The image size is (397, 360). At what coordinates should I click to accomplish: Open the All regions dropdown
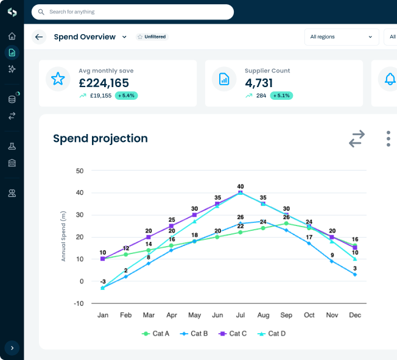(341, 37)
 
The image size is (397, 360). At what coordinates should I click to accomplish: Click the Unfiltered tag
(152, 37)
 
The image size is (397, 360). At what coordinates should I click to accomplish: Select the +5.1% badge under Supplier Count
(281, 96)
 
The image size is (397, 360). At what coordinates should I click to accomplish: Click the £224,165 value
(104, 83)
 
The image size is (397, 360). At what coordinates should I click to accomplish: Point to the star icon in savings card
(58, 79)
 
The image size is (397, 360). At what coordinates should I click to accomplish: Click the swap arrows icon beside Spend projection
(357, 138)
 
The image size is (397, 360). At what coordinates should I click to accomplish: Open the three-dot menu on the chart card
(388, 138)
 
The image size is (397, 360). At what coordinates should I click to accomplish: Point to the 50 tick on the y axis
(80, 171)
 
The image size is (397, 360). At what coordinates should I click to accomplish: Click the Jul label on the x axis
(241, 315)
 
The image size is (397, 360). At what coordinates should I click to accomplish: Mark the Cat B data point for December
(355, 275)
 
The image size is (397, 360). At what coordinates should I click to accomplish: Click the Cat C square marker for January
(103, 259)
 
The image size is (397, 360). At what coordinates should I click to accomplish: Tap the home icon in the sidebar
(12, 36)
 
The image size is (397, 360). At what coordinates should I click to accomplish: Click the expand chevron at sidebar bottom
(12, 348)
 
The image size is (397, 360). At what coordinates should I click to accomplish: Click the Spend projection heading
(100, 138)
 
